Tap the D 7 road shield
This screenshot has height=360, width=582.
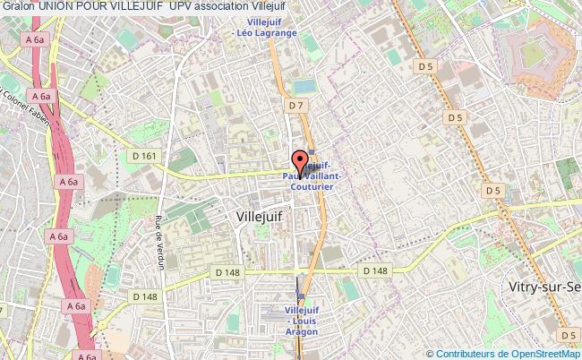pyautogui.click(x=297, y=106)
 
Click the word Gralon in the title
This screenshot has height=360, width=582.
pyautogui.click(x=19, y=7)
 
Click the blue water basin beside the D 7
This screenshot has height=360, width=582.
pyautogui.click(x=305, y=86)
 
